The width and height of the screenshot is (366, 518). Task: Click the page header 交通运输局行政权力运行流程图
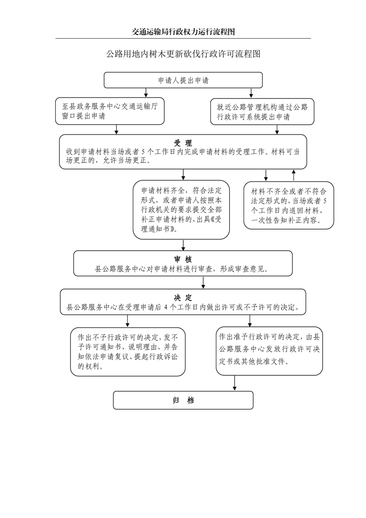[183, 32]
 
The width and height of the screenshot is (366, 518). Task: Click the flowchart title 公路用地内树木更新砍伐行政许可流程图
[183, 54]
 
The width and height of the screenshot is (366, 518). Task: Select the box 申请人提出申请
[183, 80]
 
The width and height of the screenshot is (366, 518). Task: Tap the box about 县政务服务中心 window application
[110, 111]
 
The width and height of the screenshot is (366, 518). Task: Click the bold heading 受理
[183, 143]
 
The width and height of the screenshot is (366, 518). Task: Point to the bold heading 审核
[183, 259]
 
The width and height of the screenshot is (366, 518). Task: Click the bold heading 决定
[183, 297]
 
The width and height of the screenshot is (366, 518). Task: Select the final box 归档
[183, 400]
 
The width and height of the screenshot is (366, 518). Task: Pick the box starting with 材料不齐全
[288, 205]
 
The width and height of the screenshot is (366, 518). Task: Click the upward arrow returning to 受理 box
[294, 175]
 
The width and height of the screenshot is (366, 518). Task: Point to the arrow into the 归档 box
[235, 383]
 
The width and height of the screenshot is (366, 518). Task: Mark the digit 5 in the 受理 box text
[144, 152]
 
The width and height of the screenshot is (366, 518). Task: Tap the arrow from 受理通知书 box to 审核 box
[184, 245]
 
